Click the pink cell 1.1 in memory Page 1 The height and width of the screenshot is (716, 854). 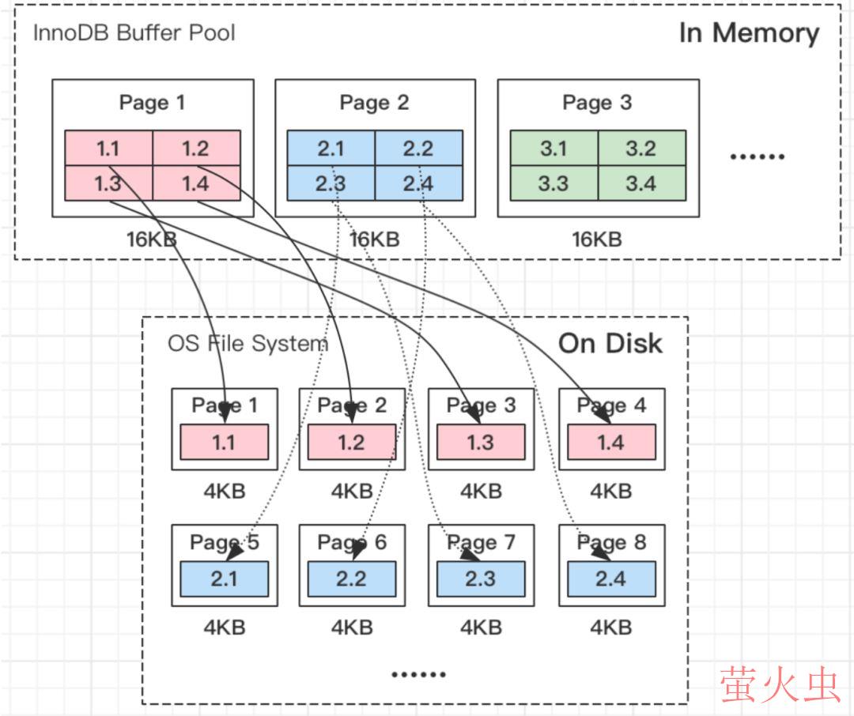108,149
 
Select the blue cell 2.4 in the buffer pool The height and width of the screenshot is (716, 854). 418,183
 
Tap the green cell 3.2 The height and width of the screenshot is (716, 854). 641,149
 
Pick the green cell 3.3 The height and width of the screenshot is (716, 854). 554,183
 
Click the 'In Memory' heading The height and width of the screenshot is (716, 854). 749,33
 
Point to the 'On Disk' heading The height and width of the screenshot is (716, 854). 610,343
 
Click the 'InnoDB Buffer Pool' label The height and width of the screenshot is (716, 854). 134,33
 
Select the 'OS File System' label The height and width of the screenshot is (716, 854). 248,344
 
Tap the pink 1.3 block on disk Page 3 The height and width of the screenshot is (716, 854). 480,442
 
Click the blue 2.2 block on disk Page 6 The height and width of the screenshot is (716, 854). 351,578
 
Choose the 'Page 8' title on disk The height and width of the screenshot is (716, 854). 611,542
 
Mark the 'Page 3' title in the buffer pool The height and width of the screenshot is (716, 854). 597,103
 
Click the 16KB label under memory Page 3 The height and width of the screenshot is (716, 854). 597,239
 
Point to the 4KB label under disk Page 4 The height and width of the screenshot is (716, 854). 610,491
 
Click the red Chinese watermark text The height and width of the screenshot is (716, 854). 779,684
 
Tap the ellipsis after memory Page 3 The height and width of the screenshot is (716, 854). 757,156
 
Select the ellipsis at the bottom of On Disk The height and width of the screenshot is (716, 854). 418,674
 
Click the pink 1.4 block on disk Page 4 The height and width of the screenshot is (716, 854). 610,442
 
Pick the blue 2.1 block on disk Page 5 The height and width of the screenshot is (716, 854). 224,578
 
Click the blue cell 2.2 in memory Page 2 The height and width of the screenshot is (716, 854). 418,149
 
